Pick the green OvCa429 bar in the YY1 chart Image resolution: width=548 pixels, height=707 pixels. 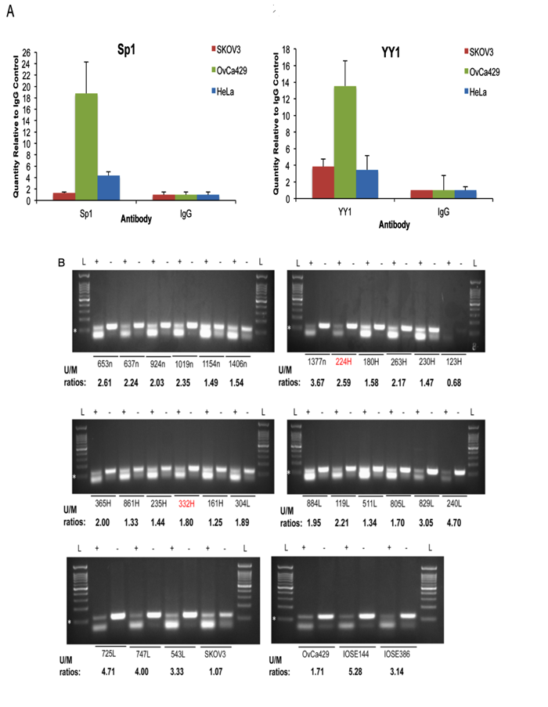(x=345, y=142)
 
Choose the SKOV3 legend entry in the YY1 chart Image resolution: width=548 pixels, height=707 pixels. (x=485, y=52)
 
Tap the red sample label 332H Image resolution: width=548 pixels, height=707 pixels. (x=186, y=506)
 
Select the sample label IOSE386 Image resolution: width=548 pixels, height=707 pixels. (x=397, y=652)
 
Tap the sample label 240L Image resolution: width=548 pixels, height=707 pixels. (x=456, y=504)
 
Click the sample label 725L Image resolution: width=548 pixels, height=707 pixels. (x=103, y=652)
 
